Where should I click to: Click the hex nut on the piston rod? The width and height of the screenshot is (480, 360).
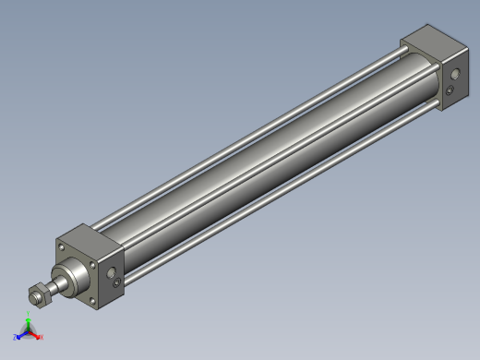40,296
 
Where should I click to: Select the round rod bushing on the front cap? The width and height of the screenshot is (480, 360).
69,277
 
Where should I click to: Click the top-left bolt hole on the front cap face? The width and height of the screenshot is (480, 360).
61,247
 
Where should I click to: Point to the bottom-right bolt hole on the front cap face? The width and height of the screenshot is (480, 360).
91,302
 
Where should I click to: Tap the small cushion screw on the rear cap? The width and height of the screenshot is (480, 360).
450,91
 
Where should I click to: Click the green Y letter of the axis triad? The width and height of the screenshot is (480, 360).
29,317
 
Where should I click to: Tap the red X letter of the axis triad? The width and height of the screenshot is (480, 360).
42,338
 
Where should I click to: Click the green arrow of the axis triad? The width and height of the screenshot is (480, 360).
29,325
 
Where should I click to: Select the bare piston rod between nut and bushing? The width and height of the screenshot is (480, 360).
52,289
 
